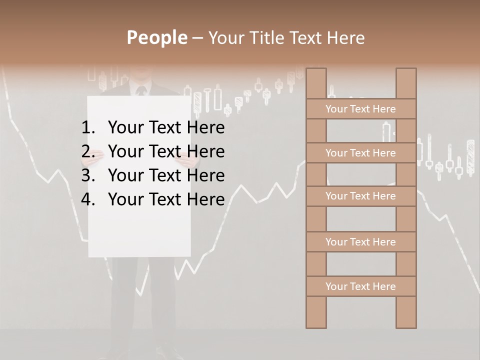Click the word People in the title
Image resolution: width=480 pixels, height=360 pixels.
pos(156,37)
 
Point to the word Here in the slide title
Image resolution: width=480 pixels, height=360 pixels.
pos(345,37)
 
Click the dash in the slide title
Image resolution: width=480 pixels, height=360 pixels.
pos(197,38)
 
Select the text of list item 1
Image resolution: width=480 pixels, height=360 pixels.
pos(166,127)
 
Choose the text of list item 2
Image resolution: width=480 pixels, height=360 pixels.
pos(166,151)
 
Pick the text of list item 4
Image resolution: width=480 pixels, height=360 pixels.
pos(166,199)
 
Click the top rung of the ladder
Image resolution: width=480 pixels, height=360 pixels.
pos(361,109)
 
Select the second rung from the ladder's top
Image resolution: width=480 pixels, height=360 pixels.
pos(361,153)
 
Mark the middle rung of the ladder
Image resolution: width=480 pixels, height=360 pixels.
pos(361,196)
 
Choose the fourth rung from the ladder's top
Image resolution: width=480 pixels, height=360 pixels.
pos(361,242)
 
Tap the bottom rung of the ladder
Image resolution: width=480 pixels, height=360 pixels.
pos(361,286)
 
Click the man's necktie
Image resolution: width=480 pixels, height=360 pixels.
pos(140,91)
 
